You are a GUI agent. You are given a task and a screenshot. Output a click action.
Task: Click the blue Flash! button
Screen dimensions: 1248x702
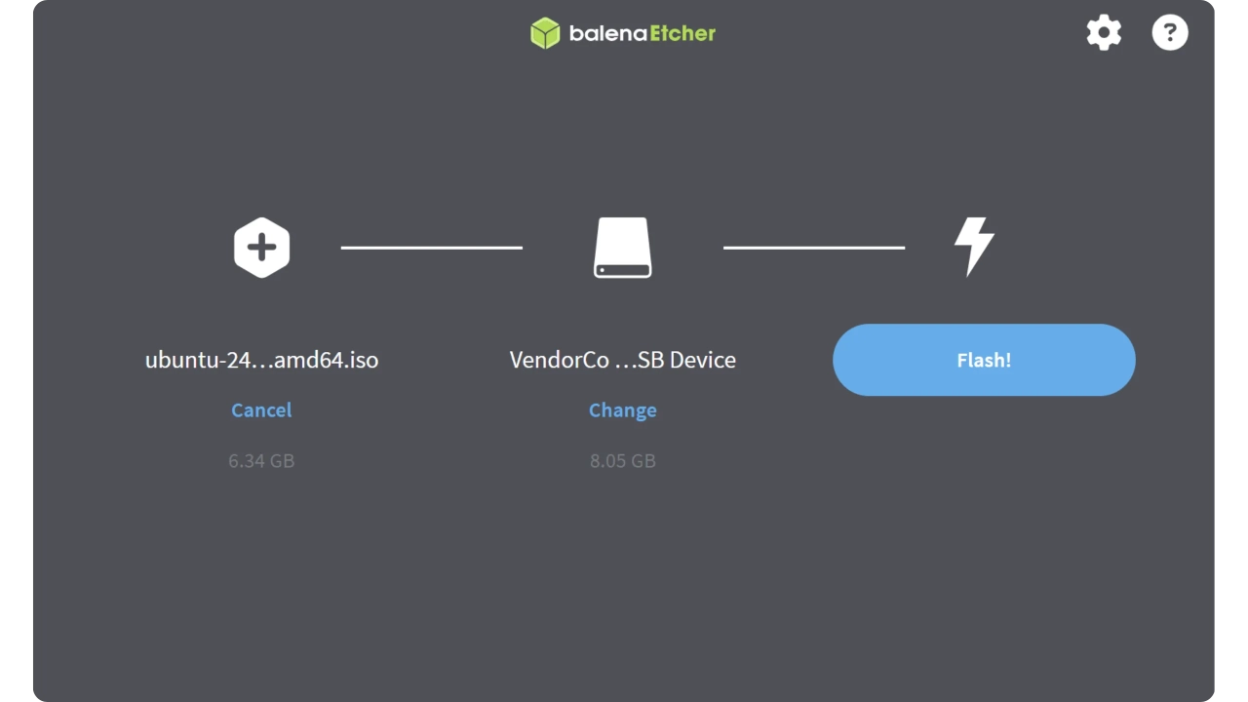tap(984, 360)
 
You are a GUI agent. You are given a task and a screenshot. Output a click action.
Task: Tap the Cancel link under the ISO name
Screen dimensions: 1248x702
tap(261, 410)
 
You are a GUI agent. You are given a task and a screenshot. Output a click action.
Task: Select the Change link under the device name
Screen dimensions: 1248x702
tap(622, 410)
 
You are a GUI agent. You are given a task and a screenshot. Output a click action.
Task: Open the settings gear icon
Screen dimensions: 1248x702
tap(1104, 33)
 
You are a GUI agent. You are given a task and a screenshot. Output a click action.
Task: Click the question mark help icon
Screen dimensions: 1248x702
tap(1170, 32)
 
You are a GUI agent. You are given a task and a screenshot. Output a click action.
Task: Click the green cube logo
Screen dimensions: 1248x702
tap(545, 33)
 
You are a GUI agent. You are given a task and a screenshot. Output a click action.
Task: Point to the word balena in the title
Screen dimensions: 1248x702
tap(607, 33)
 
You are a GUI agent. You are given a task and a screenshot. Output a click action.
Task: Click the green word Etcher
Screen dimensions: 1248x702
tap(682, 33)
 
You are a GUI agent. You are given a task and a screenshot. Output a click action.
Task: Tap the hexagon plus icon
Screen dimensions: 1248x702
tap(262, 248)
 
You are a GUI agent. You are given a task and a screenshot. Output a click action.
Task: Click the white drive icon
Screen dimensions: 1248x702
tap(622, 248)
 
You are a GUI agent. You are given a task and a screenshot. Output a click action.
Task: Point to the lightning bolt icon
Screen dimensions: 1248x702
tap(974, 247)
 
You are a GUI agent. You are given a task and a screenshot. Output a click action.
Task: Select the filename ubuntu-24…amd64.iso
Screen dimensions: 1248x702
tap(262, 360)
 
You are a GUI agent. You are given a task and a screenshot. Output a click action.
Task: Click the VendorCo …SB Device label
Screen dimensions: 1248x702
tap(622, 360)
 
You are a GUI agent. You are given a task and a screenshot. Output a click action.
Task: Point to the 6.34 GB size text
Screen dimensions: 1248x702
tap(261, 461)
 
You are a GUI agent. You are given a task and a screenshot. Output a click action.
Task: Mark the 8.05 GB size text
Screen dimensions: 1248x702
tap(622, 461)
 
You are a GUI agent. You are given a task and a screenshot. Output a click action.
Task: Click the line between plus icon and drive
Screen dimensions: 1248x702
tap(432, 248)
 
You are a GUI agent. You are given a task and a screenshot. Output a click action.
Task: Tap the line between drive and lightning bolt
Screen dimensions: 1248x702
tap(814, 248)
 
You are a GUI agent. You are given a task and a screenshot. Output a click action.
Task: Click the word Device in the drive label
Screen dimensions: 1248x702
tap(703, 360)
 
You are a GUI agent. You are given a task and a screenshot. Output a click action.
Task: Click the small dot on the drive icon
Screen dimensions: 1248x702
tap(602, 270)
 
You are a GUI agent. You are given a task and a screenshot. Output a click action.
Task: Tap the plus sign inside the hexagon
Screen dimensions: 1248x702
tap(262, 248)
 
